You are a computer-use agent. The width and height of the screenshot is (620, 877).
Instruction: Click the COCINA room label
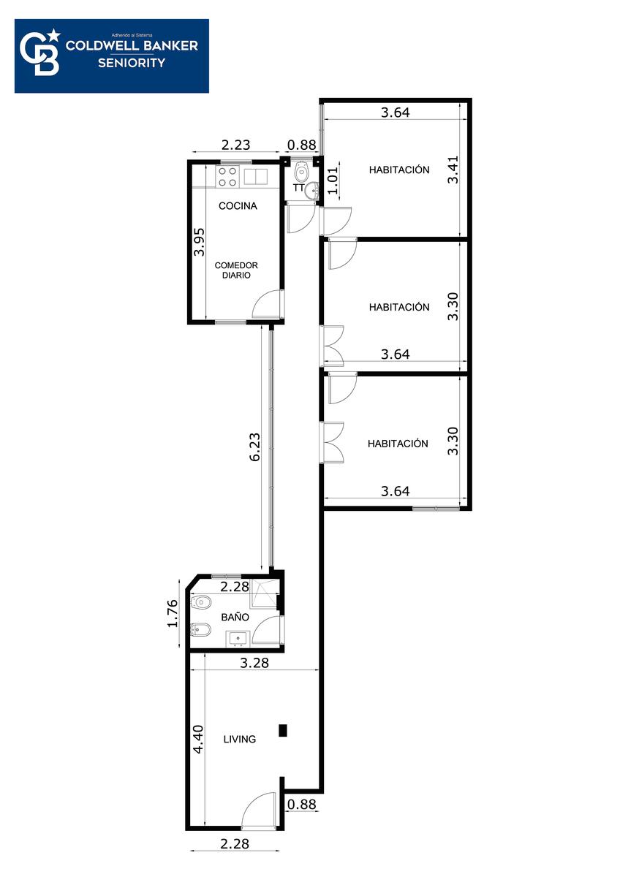coord(238,206)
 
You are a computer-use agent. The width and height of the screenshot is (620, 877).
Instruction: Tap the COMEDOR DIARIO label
coord(236,270)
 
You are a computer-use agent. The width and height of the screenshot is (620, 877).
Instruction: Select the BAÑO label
coord(235,617)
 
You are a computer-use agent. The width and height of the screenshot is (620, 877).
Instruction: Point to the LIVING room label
coord(240,739)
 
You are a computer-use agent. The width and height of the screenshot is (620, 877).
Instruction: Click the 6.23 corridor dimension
coord(254,447)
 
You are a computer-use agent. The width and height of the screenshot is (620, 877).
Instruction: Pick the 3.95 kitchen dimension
coord(200,242)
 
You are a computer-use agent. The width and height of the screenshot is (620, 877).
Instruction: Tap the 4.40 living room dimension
coord(199,739)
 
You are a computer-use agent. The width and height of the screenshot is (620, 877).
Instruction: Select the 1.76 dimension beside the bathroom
coord(173,613)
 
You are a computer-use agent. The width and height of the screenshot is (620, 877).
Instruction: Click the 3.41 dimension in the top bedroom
coord(453,170)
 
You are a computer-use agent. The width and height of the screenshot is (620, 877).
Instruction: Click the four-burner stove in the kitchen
coord(227,177)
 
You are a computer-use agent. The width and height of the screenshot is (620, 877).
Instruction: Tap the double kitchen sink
coord(256,176)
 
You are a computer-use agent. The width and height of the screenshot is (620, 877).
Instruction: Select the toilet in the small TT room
coord(301,170)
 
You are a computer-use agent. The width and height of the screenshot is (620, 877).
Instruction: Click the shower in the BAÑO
coord(265,593)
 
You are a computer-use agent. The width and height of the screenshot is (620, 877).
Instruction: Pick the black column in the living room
coord(283,730)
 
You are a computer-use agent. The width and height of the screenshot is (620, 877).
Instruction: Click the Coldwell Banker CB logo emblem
coord(40,52)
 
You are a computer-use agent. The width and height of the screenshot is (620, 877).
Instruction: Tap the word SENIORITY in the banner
coord(132,63)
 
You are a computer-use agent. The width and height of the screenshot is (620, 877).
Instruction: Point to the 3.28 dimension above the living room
coord(254,663)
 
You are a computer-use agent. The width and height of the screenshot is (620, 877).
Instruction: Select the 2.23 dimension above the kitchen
coord(235,145)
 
